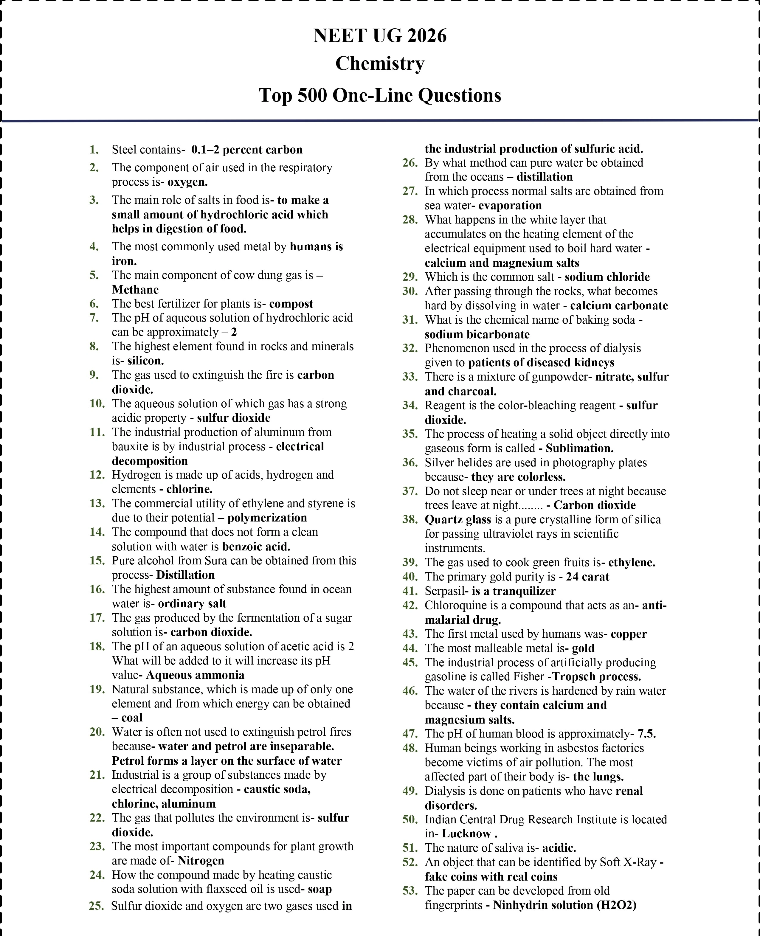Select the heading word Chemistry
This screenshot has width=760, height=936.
[380, 64]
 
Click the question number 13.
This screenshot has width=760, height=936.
[97, 503]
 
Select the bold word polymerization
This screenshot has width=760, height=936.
[267, 518]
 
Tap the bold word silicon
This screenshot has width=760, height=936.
[145, 361]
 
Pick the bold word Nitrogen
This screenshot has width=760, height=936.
[201, 861]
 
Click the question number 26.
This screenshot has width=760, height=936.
[410, 163]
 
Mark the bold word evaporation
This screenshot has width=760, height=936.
[510, 205]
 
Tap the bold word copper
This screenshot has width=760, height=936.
[628, 634]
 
